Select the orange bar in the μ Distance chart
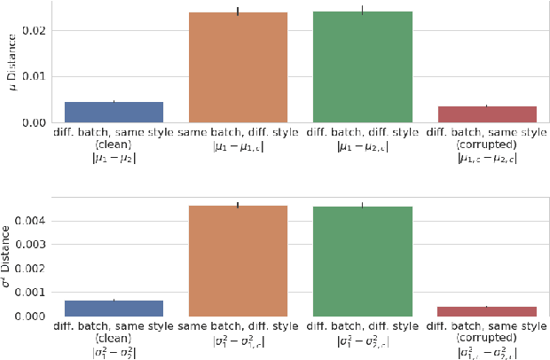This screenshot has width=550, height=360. tap(238, 67)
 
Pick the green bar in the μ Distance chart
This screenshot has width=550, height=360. tap(362, 67)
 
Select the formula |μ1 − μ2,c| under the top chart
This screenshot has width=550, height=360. tap(362, 146)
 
